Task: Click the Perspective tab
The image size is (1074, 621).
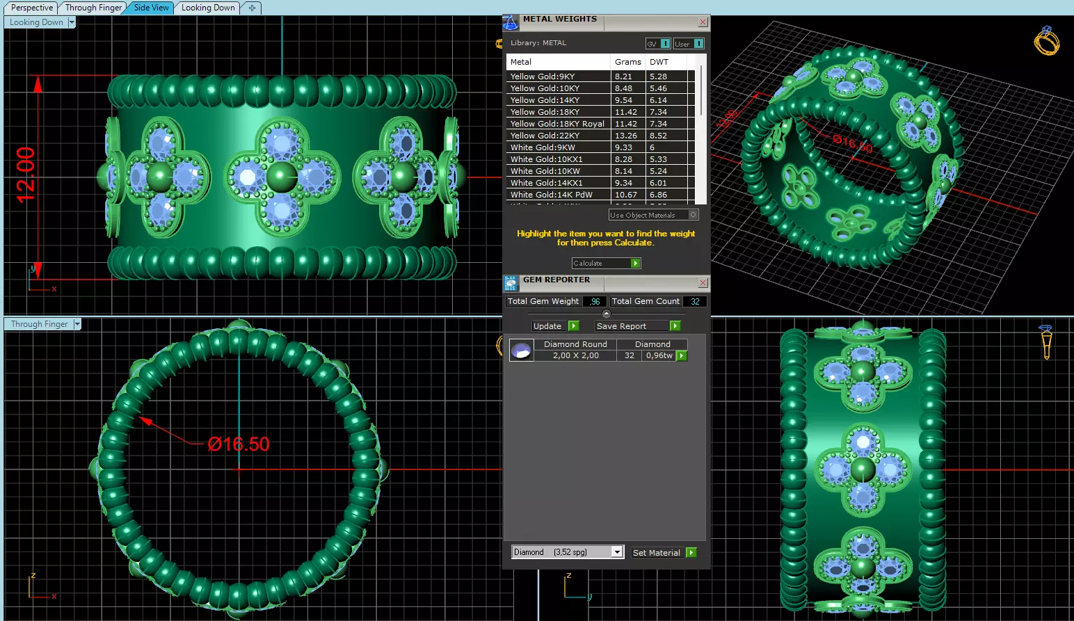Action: [32, 8]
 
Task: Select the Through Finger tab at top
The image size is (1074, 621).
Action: [93, 8]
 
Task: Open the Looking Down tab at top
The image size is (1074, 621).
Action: [208, 8]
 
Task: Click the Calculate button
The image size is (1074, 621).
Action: [605, 263]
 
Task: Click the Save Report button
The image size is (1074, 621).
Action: [637, 326]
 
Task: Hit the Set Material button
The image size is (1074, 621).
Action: [664, 553]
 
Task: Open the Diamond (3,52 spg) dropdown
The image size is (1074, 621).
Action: [616, 552]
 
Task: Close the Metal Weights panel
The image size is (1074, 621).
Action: [703, 22]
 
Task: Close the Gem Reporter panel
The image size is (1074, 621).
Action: [703, 282]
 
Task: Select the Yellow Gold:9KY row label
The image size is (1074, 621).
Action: [543, 76]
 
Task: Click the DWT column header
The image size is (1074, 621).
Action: [659, 62]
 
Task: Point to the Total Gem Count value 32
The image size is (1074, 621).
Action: [695, 301]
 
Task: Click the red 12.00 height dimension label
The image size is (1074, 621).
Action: [26, 175]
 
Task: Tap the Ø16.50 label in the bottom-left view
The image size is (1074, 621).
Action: [239, 444]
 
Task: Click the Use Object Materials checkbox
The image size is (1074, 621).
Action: [693, 215]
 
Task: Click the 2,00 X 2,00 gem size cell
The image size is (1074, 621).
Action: [575, 355]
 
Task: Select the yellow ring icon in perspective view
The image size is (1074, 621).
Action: [1046, 41]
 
